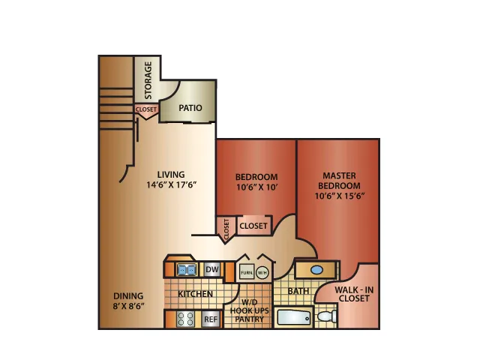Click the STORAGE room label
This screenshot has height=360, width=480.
point(148,80)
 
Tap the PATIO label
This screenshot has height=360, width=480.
point(190,108)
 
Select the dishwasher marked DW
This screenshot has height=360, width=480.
point(211,269)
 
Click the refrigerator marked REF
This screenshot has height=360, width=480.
point(211,319)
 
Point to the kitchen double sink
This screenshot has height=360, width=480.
point(187,270)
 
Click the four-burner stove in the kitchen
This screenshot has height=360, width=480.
point(186,319)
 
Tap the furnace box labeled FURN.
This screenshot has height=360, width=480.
point(247,272)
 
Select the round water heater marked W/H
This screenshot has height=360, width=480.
point(262,272)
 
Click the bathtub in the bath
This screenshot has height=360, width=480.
point(294,318)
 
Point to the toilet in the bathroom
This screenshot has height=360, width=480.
point(326,316)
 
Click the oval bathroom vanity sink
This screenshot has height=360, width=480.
point(316,270)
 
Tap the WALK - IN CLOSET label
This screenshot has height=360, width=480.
point(354,294)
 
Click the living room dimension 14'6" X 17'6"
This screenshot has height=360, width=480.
point(171,185)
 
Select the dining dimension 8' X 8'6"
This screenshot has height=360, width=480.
point(128,306)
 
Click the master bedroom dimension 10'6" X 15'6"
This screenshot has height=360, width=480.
point(340,196)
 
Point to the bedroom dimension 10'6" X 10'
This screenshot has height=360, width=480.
point(256,187)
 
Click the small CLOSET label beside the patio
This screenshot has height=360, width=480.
point(146,109)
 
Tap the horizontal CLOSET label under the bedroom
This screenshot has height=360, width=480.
point(253,226)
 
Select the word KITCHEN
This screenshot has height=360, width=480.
point(195,294)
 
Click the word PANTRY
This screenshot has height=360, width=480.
point(250,319)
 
